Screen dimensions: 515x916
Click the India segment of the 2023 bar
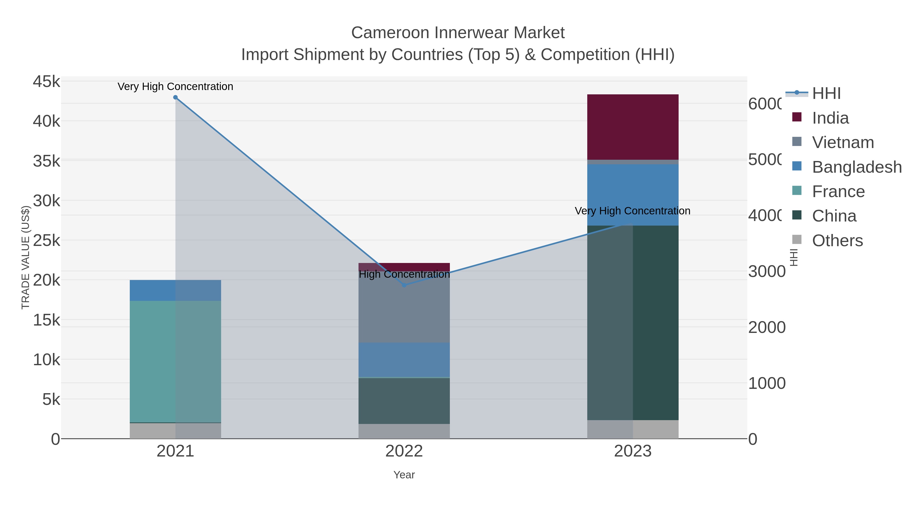tap(633, 127)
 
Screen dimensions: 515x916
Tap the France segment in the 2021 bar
tap(175, 361)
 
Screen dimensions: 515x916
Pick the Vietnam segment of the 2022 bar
tap(404, 313)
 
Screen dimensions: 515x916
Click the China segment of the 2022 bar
tap(404, 401)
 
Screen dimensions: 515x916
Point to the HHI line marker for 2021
tap(175, 97)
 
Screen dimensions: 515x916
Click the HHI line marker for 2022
tap(404, 285)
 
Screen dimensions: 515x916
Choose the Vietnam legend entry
tap(842, 142)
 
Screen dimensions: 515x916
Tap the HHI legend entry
tap(826, 94)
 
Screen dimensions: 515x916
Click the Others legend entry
tap(837, 240)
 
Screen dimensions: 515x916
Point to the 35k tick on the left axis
tap(47, 161)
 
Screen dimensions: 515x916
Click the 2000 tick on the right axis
tap(767, 327)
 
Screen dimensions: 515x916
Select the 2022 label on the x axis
tap(404, 451)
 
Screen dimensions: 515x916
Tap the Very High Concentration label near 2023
tap(632, 211)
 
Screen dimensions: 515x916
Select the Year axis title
tap(404, 475)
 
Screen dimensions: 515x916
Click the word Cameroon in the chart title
tap(390, 33)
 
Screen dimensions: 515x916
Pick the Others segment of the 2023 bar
tap(633, 429)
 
